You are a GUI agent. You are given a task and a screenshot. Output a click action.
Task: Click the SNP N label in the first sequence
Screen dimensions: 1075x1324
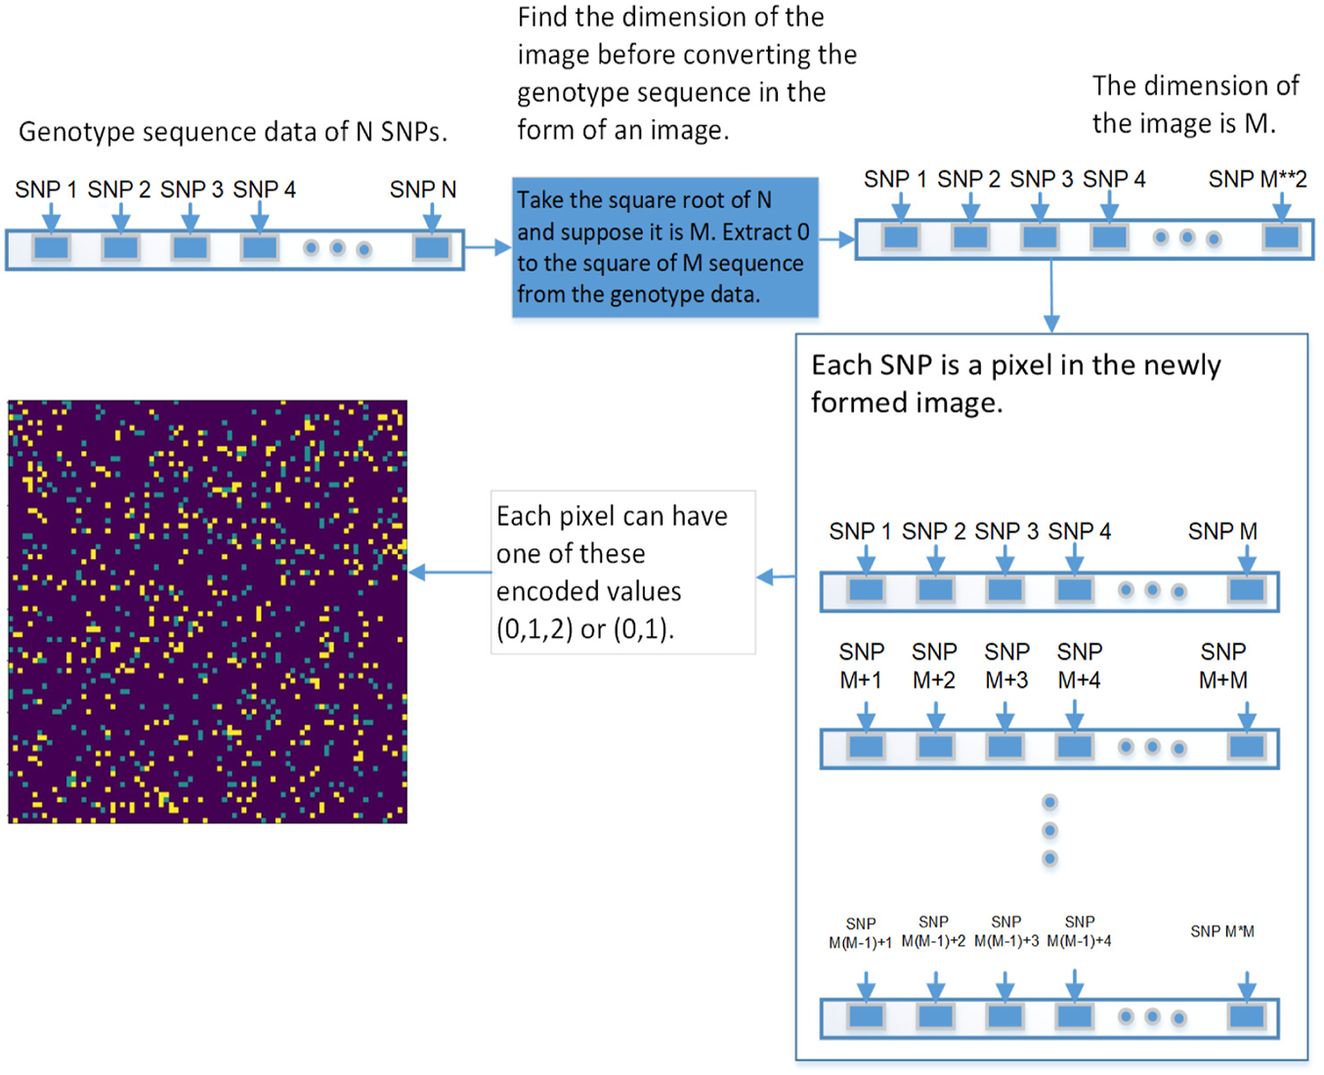point(422,190)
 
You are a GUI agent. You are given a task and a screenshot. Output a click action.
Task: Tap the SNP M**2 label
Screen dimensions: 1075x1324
point(1257,179)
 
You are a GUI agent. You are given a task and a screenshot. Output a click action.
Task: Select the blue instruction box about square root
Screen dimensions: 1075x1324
point(664,247)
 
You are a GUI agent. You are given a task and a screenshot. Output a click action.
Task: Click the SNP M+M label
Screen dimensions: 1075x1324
point(1222,666)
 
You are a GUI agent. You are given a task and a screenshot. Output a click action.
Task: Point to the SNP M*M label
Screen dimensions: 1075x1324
point(1221,931)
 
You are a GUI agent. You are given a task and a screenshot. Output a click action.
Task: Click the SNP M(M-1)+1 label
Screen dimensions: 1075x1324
point(860,933)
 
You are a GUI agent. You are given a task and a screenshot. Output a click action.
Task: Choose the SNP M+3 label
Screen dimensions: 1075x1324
point(1006,666)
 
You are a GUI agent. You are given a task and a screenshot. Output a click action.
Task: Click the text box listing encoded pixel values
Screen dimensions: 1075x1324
point(622,573)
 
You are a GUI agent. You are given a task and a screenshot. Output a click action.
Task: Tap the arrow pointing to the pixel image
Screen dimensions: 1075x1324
point(448,573)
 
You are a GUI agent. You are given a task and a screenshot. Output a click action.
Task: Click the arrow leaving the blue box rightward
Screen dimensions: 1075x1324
point(836,239)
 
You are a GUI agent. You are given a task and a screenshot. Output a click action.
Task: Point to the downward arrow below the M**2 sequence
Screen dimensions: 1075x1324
point(1051,297)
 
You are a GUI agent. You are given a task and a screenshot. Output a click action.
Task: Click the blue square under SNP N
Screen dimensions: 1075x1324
point(431,247)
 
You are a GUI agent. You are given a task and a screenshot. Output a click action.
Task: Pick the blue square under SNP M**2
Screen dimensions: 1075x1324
point(1281,236)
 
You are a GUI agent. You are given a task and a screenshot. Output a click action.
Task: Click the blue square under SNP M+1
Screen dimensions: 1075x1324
point(866,748)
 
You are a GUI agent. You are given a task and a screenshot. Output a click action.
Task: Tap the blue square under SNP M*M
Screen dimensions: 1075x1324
point(1247,1016)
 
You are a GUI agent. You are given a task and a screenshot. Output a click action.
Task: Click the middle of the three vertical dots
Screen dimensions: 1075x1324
point(1049,831)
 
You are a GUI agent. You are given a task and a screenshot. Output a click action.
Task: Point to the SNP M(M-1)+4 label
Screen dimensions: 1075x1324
point(1079,931)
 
